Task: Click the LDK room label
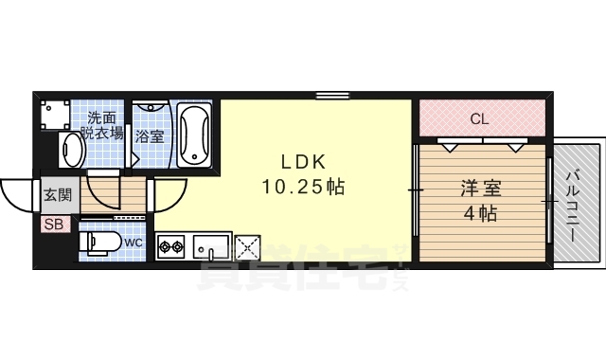point(303,162)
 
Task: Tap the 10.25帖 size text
point(303,187)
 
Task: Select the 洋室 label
point(481,189)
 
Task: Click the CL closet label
point(479,119)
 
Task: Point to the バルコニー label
point(574,207)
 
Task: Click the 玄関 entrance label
point(58,195)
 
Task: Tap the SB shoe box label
point(54,225)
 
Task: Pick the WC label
point(134,243)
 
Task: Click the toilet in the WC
point(99,243)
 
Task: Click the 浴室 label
point(150,136)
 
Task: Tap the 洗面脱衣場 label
point(102,125)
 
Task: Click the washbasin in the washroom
point(72,150)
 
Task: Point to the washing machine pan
point(56,115)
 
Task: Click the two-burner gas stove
point(171,245)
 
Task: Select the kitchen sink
point(209,247)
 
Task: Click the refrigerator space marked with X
point(247,247)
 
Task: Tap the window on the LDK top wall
point(332,95)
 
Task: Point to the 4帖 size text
point(480,213)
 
